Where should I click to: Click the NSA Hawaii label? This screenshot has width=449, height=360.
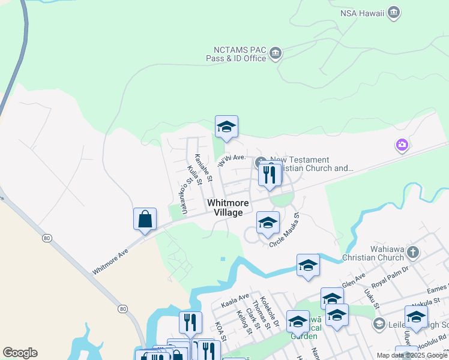click(x=361, y=13)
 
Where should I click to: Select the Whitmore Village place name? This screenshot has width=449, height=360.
click(x=228, y=208)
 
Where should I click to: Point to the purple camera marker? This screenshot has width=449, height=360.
click(x=402, y=145)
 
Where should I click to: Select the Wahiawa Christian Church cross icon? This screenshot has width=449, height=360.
click(x=412, y=251)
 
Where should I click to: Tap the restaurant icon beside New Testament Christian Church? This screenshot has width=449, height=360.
click(x=269, y=175)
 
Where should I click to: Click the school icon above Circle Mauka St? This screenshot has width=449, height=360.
click(x=268, y=223)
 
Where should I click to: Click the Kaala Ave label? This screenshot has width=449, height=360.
click(x=235, y=298)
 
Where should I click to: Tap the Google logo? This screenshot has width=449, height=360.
click(x=19, y=353)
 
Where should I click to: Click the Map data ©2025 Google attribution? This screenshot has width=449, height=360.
click(x=412, y=355)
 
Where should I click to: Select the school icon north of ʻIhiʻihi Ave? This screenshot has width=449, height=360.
click(x=226, y=127)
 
